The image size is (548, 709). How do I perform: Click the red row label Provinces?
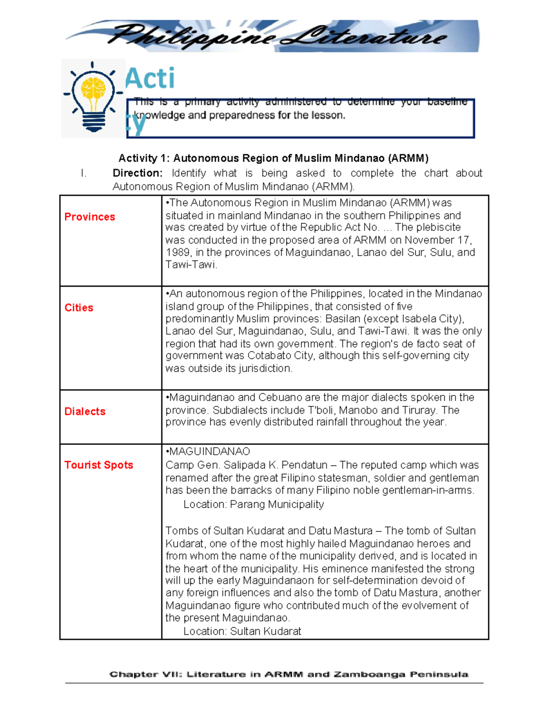[x=90, y=217]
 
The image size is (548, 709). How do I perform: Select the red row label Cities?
[x=79, y=308]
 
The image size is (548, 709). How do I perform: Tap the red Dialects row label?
[x=84, y=411]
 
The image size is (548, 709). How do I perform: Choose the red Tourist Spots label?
[x=99, y=465]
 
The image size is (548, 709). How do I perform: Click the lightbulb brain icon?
[x=94, y=98]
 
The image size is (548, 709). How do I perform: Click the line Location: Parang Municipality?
[x=253, y=504]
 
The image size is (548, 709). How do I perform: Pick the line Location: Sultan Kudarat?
[x=242, y=631]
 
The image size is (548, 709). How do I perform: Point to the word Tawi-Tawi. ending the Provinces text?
[x=191, y=265]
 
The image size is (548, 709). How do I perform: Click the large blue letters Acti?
[x=150, y=79]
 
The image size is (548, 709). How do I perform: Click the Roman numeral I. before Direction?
[x=83, y=173]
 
